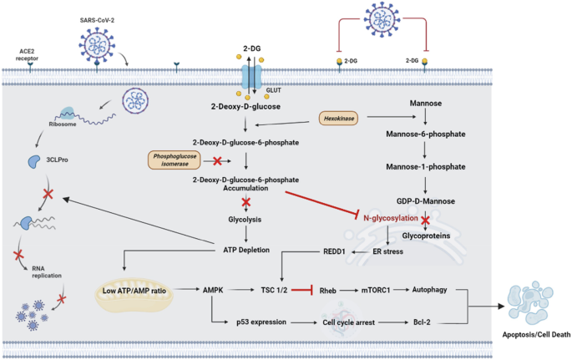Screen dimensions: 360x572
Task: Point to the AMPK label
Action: click(x=212, y=289)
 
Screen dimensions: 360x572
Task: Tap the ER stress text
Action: click(x=384, y=250)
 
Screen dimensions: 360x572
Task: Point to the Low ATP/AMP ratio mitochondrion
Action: click(x=136, y=289)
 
